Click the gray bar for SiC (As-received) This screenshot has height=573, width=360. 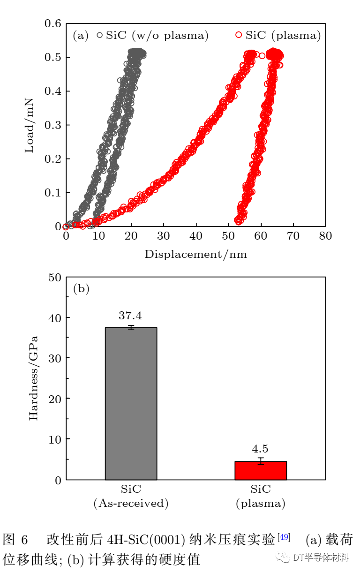tap(131, 403)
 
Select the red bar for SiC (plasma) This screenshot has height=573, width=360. tap(260, 470)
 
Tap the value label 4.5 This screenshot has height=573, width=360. tap(260, 450)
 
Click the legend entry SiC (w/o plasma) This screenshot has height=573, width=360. tap(152, 36)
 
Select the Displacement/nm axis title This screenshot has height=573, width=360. tap(195, 255)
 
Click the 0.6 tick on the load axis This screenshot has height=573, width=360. tap(53, 23)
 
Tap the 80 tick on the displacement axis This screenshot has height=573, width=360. tap(325, 236)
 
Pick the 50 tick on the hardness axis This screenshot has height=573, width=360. tap(55, 278)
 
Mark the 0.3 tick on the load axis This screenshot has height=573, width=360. tap(53, 125)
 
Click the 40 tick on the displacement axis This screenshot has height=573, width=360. tap(195, 236)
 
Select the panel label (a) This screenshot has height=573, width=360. tap(81, 36)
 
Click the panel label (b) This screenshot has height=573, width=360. tap(81, 289)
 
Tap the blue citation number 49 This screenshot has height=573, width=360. tap(284, 536)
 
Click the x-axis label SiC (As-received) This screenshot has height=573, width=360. tap(131, 497)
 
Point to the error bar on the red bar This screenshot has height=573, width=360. tap(260, 461)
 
